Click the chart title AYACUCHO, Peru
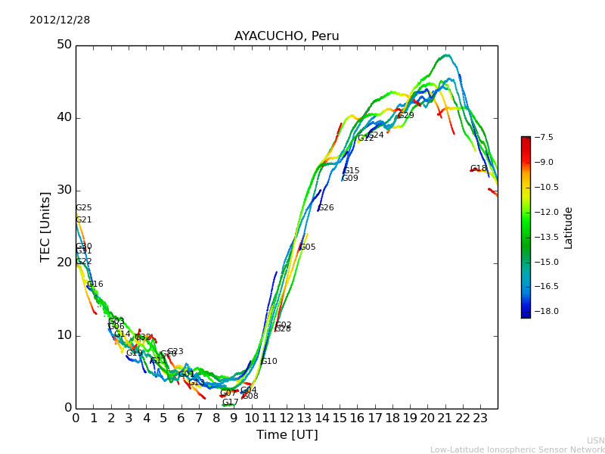[287, 36]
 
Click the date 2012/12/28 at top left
[60, 20]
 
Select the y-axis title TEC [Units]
[45, 226]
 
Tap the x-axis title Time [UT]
[287, 435]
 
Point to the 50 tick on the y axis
[64, 45]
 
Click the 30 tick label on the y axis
[64, 190]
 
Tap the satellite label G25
[83, 208]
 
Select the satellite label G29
[406, 116]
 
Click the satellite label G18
[479, 169]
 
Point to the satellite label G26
[326, 208]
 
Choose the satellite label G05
[308, 247]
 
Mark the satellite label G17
[230, 403]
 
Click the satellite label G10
[269, 362]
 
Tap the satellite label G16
[95, 285]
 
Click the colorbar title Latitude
[569, 227]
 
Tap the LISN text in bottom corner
[595, 440]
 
